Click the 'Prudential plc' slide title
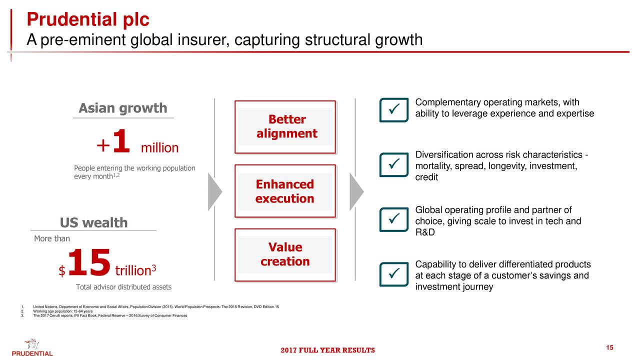click(x=88, y=19)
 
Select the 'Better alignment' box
click(x=285, y=127)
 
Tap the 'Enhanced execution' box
click(x=285, y=191)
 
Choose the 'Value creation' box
click(x=285, y=255)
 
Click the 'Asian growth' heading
click(x=123, y=108)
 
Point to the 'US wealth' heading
click(x=93, y=222)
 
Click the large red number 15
click(x=89, y=262)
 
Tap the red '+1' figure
click(x=113, y=141)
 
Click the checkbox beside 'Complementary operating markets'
click(x=393, y=110)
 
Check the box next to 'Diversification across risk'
click(x=393, y=165)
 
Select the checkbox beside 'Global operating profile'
click(x=393, y=219)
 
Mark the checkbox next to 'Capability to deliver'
click(x=393, y=274)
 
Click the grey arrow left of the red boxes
click(x=214, y=191)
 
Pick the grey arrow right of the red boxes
click(x=356, y=191)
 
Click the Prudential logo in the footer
click(x=32, y=347)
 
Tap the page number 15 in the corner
click(x=609, y=347)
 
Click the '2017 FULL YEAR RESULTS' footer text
click(x=327, y=350)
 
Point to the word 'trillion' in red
click(x=133, y=271)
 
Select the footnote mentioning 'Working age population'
click(x=63, y=311)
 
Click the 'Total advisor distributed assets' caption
click(x=123, y=287)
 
